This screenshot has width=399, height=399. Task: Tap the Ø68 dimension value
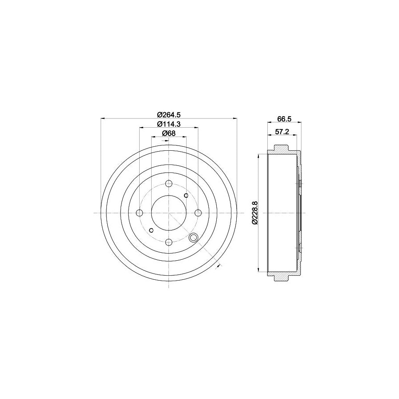pyautogui.click(x=169, y=133)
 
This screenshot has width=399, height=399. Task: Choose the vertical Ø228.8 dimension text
pyautogui.click(x=254, y=213)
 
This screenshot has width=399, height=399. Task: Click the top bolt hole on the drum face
pyautogui.click(x=169, y=184)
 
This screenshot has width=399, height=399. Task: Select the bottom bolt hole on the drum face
pyautogui.click(x=169, y=242)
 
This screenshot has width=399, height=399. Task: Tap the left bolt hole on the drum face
pyautogui.click(x=140, y=213)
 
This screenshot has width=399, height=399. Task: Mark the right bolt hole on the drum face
pyautogui.click(x=198, y=213)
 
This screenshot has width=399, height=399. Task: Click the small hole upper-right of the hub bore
pyautogui.click(x=186, y=196)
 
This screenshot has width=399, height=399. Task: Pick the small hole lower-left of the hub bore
pyautogui.click(x=152, y=230)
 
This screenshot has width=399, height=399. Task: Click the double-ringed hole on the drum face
pyautogui.click(x=193, y=238)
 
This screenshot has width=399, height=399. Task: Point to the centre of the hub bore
pyautogui.click(x=169, y=213)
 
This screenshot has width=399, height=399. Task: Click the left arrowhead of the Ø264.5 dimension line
pyautogui.click(x=103, y=118)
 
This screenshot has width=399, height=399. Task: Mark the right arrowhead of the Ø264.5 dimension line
pyautogui.click(x=235, y=118)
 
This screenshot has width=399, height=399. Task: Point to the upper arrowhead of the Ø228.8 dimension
pyautogui.click(x=258, y=156)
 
